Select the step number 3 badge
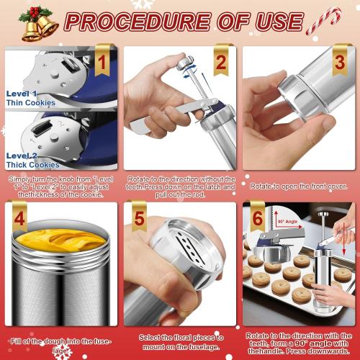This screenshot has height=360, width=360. coord(339,63)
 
